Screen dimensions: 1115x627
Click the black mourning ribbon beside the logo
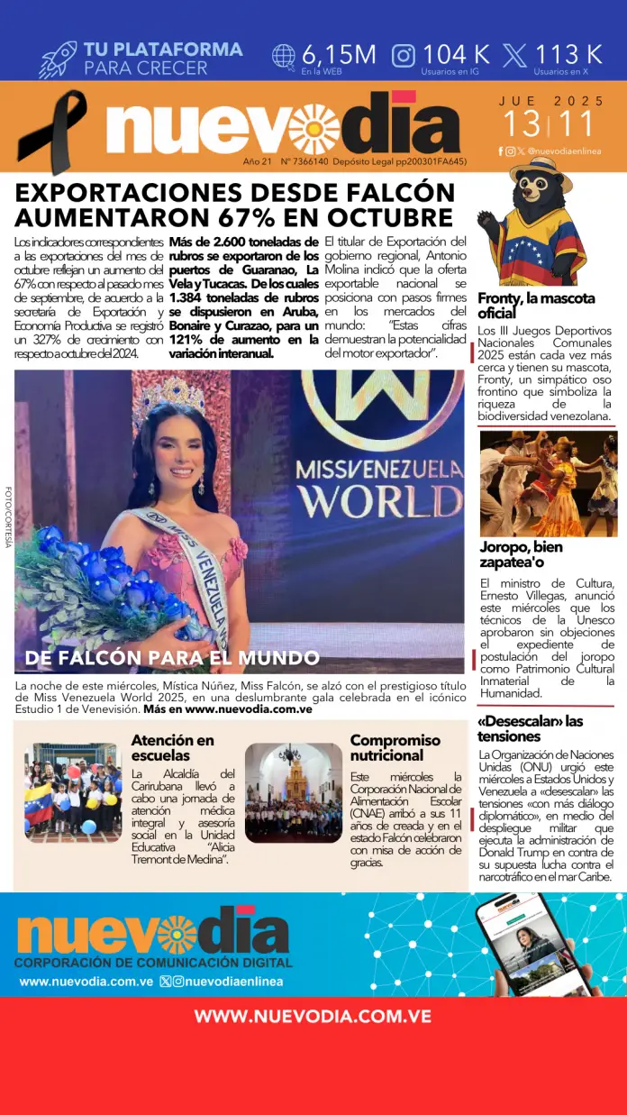click(x=52, y=131)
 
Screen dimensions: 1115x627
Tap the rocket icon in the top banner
click(x=58, y=59)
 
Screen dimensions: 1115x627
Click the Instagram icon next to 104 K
click(x=404, y=56)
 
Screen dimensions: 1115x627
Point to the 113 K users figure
click(x=568, y=54)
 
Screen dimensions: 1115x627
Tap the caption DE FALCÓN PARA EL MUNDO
click(x=172, y=658)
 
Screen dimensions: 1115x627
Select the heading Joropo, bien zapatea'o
click(x=522, y=554)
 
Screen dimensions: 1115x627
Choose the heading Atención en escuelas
click(x=173, y=747)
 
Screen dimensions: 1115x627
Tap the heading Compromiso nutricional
click(x=395, y=747)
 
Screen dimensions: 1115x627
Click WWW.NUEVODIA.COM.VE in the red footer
click(x=313, y=1017)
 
